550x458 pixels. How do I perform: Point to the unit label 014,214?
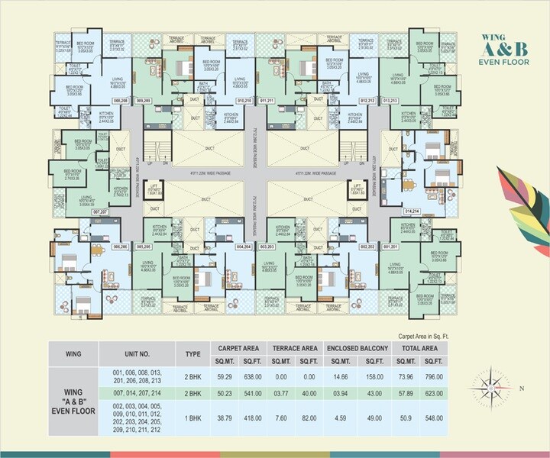tap(412, 210)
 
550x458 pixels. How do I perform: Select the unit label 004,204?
tap(244, 247)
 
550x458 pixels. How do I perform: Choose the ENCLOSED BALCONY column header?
tap(357, 347)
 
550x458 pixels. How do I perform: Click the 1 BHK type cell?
tap(192, 419)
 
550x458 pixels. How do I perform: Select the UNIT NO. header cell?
tap(134, 353)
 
